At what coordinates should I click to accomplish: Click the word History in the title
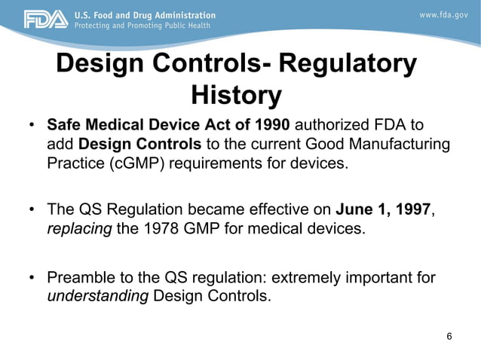[x=236, y=96]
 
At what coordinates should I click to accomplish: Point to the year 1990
[x=274, y=124]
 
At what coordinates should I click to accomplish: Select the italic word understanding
[x=98, y=295]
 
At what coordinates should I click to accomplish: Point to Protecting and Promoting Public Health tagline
[x=143, y=26]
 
